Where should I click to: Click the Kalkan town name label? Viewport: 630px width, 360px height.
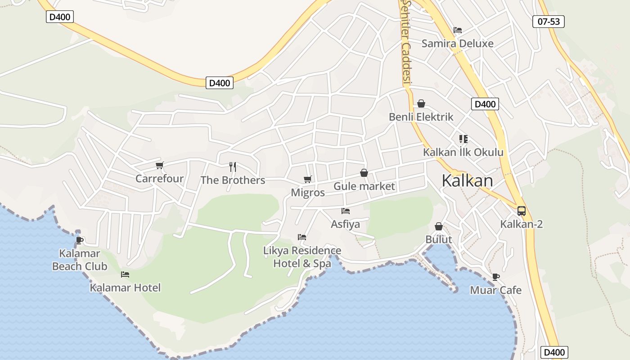467,180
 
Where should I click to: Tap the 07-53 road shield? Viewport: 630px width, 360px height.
548,21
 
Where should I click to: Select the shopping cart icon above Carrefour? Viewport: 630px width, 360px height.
159,166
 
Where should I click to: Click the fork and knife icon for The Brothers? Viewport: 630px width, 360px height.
233,167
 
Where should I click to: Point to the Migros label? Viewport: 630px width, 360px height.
308,193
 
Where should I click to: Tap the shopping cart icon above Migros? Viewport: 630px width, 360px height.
308,180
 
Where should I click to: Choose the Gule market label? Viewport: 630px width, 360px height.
364,186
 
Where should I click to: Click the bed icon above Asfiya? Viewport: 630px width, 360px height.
346,211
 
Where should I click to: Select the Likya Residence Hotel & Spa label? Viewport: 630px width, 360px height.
302,257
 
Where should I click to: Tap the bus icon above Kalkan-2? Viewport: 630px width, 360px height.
521,211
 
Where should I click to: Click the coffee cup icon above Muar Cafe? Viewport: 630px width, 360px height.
496,277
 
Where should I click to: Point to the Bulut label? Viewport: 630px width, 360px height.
439,239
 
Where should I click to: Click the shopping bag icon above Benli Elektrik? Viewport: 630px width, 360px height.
421,104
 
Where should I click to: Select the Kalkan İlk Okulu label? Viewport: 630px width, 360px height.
463,152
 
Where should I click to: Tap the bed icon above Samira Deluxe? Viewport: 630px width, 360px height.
458,30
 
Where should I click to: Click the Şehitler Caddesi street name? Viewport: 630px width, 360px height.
407,43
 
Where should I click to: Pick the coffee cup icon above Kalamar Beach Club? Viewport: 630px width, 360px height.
80,240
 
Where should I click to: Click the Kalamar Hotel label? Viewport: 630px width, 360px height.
125,288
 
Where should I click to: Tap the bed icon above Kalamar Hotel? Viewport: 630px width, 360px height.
125,274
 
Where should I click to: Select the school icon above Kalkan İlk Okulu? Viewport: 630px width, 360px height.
463,139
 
